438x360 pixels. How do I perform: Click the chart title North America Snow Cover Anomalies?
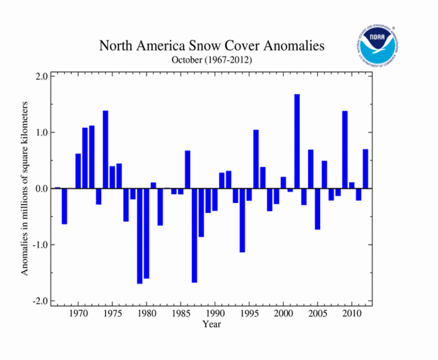[212, 47]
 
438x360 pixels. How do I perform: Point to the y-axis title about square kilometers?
[25, 188]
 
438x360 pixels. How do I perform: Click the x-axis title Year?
[211, 324]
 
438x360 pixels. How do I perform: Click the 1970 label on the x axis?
[78, 313]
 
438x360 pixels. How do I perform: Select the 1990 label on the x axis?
[215, 313]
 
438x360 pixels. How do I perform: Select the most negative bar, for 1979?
[139, 236]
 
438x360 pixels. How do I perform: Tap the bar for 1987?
[194, 235]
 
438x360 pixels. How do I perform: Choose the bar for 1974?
[105, 150]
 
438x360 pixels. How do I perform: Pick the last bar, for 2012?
[365, 169]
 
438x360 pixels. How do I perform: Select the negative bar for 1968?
[65, 206]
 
